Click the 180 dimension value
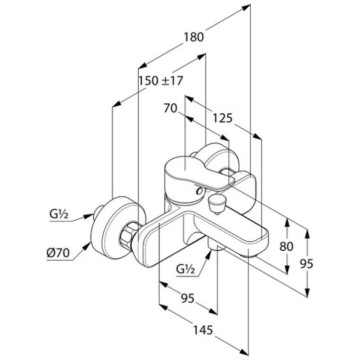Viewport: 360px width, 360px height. [193, 36]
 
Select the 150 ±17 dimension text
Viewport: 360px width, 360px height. [161, 81]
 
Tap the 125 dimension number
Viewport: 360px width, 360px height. [222, 118]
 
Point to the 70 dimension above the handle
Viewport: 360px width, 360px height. [170, 108]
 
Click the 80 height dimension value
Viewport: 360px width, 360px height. [286, 247]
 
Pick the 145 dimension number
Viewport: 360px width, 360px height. [203, 330]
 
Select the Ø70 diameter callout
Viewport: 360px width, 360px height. [58, 254]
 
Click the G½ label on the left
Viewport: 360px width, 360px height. [59, 215]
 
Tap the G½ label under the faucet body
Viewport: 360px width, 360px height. [186, 269]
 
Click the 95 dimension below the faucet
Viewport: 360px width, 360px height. [187, 298]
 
